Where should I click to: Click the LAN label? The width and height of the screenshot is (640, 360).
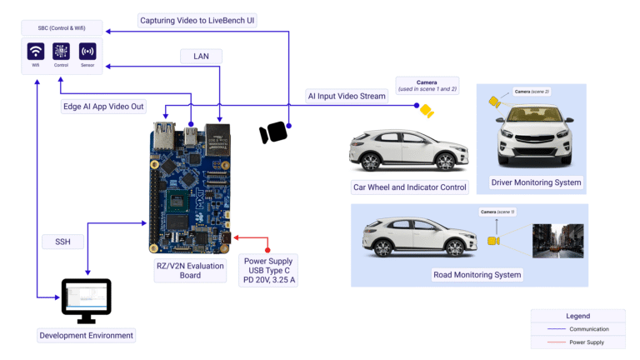(x=201, y=57)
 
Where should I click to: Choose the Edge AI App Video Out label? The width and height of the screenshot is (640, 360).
(x=104, y=107)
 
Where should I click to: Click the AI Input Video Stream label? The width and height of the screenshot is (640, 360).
(x=347, y=96)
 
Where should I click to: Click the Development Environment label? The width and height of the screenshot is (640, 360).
(x=86, y=335)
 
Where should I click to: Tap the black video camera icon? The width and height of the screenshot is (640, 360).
(x=273, y=132)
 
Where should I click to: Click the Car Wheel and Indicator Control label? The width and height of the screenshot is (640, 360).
(x=410, y=187)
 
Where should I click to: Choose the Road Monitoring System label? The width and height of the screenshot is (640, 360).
(x=477, y=274)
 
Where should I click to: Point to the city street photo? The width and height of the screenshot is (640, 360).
(x=557, y=240)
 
